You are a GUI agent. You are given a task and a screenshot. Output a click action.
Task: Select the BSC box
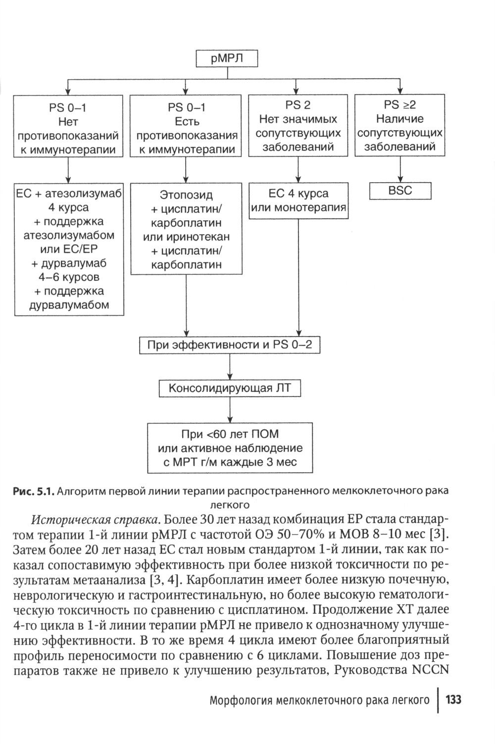(400, 191)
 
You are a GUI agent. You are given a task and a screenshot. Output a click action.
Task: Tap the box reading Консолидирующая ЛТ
(229, 389)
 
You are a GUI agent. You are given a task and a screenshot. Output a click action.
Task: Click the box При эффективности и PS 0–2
(230, 345)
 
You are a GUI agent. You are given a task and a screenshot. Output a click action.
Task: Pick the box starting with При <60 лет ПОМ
(230, 448)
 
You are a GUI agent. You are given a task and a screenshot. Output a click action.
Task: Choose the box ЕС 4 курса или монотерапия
(298, 200)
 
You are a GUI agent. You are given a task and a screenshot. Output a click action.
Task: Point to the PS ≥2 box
(400, 126)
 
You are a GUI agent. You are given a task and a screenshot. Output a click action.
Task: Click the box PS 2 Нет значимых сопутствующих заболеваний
(298, 126)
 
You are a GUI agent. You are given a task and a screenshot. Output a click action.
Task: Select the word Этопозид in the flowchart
(186, 195)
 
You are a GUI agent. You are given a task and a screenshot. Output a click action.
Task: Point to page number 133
(453, 700)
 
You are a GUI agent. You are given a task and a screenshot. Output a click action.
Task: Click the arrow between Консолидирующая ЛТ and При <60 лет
(230, 410)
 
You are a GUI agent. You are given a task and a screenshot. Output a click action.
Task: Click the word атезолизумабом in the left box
(69, 235)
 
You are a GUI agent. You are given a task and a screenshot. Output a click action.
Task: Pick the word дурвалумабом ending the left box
(69, 305)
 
